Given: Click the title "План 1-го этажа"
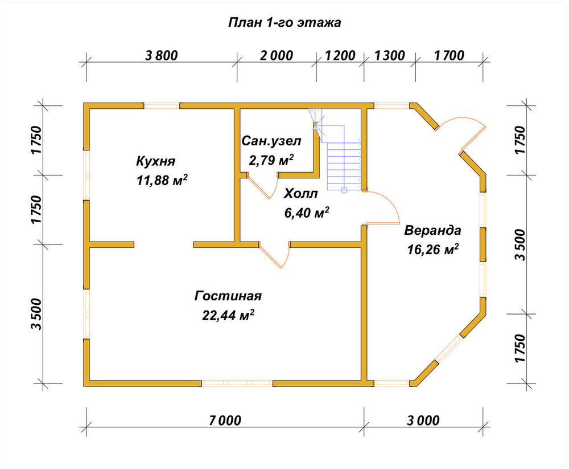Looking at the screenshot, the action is click(284, 23).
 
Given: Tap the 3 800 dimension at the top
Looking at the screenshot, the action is click(162, 55).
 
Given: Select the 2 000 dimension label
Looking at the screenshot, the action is click(277, 55).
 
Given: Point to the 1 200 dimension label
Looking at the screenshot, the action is click(340, 55).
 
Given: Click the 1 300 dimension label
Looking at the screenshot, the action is click(389, 55).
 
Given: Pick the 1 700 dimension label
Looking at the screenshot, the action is click(449, 55).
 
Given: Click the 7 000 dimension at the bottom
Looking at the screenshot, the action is click(225, 421).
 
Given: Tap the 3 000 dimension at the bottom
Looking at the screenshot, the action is click(423, 421).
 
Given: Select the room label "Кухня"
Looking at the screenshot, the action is click(156, 161).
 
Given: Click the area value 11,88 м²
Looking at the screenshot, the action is click(162, 180).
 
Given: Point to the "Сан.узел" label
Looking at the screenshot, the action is click(271, 141).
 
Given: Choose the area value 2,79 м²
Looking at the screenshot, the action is click(271, 160).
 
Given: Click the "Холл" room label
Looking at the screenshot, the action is click(300, 193).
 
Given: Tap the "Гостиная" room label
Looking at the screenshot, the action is click(228, 296).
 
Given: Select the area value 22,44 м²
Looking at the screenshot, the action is click(228, 315).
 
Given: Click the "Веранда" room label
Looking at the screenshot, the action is click(432, 230).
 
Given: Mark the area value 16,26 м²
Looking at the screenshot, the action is click(432, 250).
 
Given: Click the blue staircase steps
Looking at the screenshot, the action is click(343, 165).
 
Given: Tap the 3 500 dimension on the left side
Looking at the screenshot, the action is click(36, 313).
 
